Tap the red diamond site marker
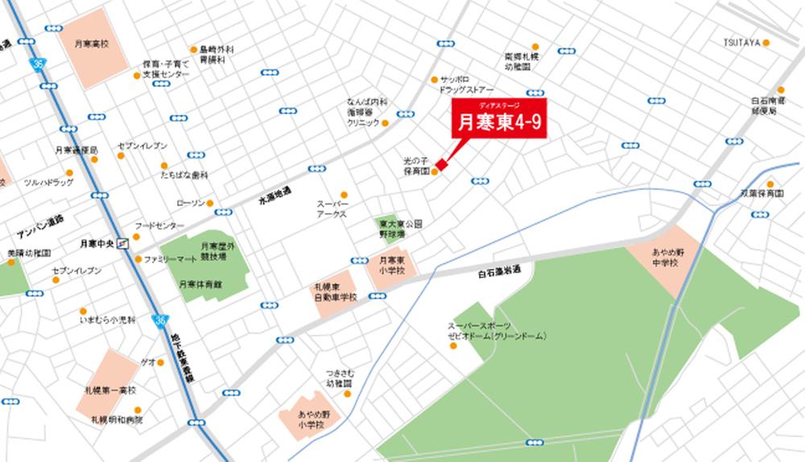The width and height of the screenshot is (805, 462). (x=440, y=165)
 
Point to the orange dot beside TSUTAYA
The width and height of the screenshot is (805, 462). (x=766, y=43)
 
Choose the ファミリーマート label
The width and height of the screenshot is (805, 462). (x=170, y=259)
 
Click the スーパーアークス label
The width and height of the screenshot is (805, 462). (x=331, y=210)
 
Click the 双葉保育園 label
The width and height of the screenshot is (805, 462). (x=762, y=194)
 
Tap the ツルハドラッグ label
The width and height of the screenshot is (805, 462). (x=48, y=183)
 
